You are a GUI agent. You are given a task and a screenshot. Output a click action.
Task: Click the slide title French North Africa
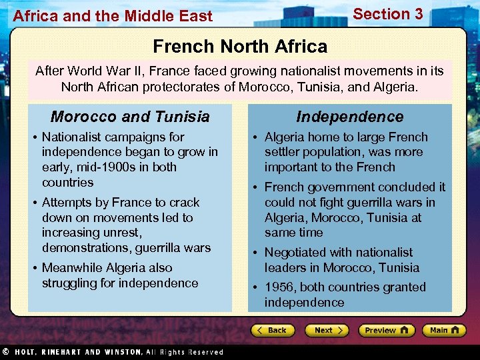point(240,46)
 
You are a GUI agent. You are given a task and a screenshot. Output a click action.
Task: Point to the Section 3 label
point(388,14)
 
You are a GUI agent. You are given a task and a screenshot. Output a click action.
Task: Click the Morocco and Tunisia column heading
point(130,117)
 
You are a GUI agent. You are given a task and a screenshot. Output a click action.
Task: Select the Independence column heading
point(350,117)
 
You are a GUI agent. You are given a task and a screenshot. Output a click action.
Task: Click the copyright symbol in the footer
point(5,351)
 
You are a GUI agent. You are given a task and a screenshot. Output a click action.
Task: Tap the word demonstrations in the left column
point(83,248)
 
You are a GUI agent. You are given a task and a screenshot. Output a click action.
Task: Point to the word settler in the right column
point(283,152)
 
